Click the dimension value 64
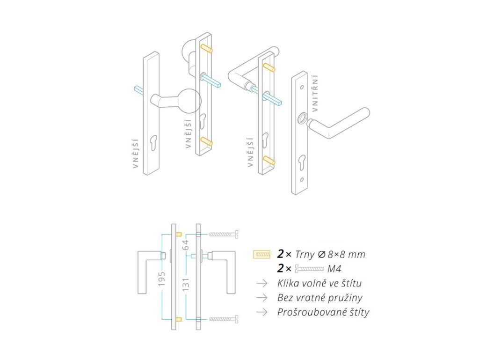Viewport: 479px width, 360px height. click(x=186, y=245)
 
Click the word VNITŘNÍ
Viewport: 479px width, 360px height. click(x=315, y=93)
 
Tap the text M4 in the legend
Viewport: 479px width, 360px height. click(x=334, y=269)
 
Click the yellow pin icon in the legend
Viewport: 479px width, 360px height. click(x=262, y=254)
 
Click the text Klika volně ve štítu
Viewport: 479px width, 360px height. click(x=319, y=283)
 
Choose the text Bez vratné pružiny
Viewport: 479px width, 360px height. click(x=319, y=298)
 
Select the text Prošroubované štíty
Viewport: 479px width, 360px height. click(x=323, y=312)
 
